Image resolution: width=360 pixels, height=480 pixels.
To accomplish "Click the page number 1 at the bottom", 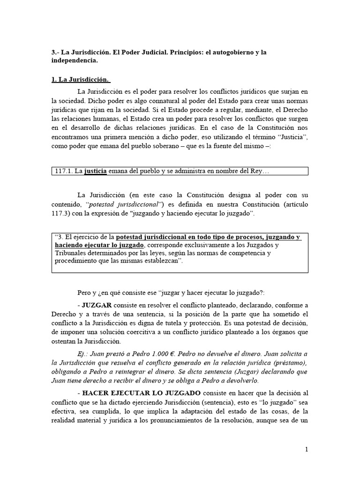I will (307, 450).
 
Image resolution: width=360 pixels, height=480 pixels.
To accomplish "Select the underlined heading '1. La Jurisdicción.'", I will (81, 79).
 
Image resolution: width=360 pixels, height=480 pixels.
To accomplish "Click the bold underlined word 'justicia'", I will (96, 171).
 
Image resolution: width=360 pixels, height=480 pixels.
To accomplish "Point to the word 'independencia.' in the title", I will (75, 61).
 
